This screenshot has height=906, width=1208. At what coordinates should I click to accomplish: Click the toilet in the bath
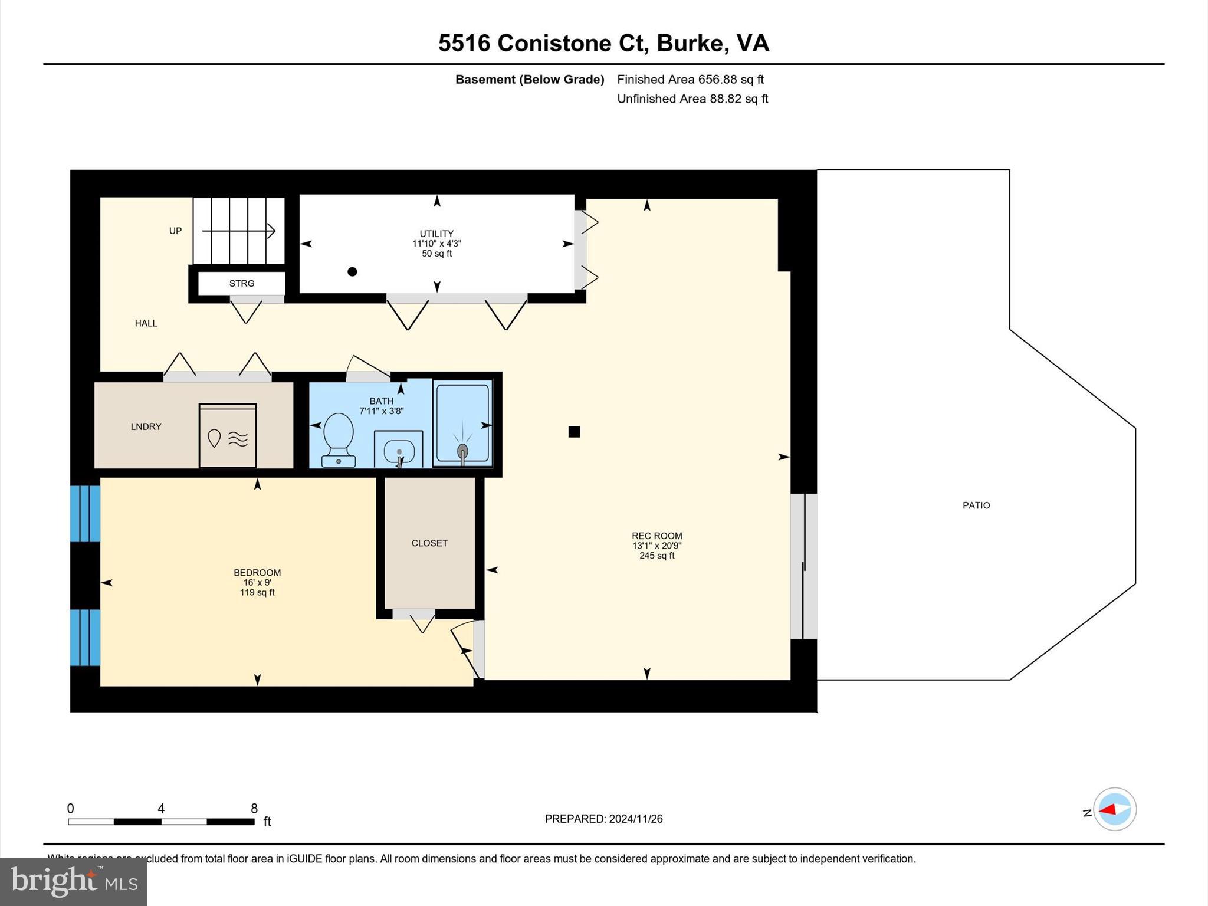point(339,439)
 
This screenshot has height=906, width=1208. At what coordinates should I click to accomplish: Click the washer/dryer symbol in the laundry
point(228,436)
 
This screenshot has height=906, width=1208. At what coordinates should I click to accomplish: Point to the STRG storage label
point(242,284)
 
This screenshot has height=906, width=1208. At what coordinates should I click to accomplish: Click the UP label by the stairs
point(175,231)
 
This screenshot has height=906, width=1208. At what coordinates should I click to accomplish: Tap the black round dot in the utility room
point(352,272)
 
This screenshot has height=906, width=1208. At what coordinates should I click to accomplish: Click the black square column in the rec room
point(574,432)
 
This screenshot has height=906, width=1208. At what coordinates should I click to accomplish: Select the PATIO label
point(976,505)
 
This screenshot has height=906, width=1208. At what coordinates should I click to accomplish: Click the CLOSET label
point(429,543)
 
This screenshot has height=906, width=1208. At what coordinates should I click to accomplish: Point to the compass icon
point(1114,809)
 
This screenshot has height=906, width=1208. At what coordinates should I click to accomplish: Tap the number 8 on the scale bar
point(254,809)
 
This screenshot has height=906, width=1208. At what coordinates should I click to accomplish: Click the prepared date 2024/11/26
point(636,819)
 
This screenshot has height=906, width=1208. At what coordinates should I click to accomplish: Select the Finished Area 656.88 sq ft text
point(690,79)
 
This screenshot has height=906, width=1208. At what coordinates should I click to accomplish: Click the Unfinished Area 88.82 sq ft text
point(692,99)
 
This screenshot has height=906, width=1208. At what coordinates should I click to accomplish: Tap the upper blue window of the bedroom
point(85,514)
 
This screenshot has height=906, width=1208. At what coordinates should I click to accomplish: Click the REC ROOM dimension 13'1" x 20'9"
point(656,546)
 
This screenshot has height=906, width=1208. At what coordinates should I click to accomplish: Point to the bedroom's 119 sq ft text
point(257,592)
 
